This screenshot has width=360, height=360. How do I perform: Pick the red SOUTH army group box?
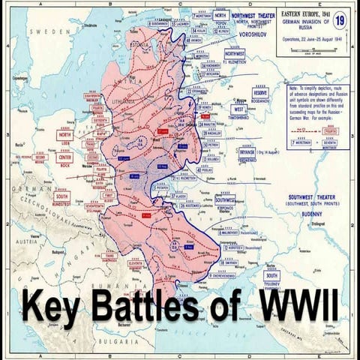pyautogui.click(x=62, y=197)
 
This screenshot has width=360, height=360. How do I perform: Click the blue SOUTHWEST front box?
pyautogui.click(x=225, y=200)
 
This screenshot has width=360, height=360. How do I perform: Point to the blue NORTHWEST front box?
pyautogui.click(x=235, y=54)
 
